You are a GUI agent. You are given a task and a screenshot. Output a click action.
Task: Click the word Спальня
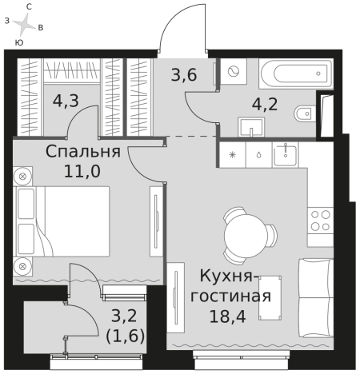(x=83, y=152)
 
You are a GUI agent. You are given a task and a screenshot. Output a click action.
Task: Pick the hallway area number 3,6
(x=183, y=78)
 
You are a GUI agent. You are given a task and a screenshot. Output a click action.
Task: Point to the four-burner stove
(x=321, y=221)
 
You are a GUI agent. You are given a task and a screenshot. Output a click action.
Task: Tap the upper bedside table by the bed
(x=24, y=175)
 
